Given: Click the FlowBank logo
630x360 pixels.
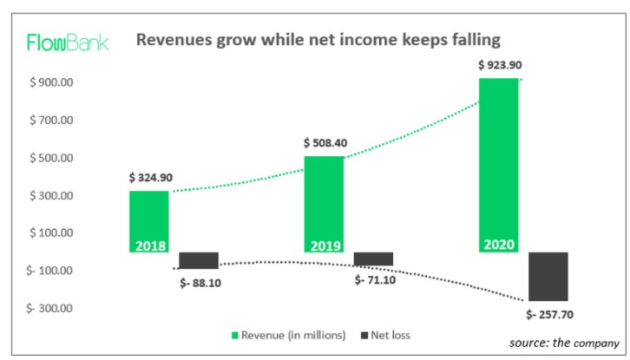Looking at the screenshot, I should tap(68, 42).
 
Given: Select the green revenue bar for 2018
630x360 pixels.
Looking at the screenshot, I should tap(149, 221).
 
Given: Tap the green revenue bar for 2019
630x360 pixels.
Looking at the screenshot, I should tap(323, 204).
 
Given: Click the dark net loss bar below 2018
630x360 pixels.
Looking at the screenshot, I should tap(199, 260).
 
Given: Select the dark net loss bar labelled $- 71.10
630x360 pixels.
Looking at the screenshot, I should tap(373, 259).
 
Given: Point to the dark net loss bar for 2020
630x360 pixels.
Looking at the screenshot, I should tap(548, 276).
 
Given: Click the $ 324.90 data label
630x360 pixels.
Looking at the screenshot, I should tap(150, 178).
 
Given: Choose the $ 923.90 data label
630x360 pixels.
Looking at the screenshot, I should tap(501, 65).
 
